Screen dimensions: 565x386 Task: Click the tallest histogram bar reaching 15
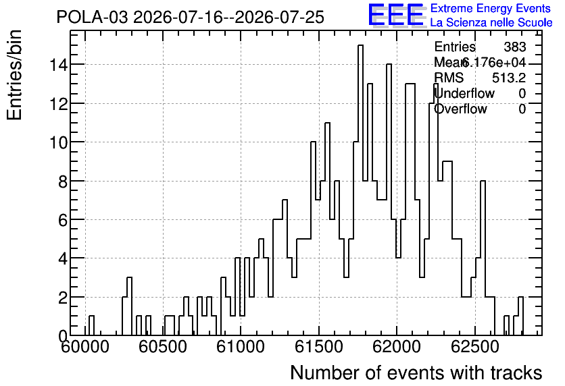click(360, 190)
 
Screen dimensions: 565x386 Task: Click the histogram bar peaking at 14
click(389, 200)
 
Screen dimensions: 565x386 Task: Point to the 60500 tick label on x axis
click(162, 348)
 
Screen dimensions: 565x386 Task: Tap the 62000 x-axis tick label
click(396, 348)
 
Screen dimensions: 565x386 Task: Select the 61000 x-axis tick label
click(241, 348)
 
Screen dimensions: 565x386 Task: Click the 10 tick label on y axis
click(58, 142)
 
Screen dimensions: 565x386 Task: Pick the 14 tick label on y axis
click(58, 65)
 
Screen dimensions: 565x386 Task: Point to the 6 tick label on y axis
click(63, 220)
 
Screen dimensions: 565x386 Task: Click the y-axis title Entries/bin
click(15, 75)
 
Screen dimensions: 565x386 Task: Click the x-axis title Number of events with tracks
click(416, 373)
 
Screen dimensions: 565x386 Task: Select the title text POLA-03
click(92, 18)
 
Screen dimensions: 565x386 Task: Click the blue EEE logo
click(396, 15)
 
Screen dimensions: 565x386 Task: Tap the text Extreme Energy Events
click(491, 8)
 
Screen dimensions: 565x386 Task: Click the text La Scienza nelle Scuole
click(491, 23)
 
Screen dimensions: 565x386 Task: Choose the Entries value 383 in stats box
click(514, 47)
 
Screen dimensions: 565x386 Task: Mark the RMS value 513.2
click(509, 78)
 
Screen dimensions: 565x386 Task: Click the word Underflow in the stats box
click(464, 94)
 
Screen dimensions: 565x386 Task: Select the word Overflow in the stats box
click(460, 109)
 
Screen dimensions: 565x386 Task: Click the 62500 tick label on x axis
click(474, 348)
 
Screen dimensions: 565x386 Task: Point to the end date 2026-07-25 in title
click(280, 18)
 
